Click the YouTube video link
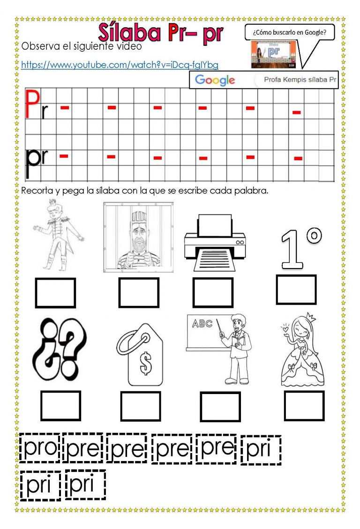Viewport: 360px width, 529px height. pos(120,65)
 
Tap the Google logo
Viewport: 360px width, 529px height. pos(215,80)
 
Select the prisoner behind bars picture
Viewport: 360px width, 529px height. pos(138,236)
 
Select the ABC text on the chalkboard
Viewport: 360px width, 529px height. pos(202,323)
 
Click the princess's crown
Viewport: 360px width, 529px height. pos(309,317)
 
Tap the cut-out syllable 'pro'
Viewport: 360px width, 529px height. pos(40,448)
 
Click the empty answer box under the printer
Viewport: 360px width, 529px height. pos(213,293)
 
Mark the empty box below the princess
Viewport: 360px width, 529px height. pos(304,406)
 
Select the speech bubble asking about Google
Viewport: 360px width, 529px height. pos(289,33)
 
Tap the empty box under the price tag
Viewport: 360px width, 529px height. pos(141,406)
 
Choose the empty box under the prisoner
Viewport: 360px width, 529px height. pos(139,293)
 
